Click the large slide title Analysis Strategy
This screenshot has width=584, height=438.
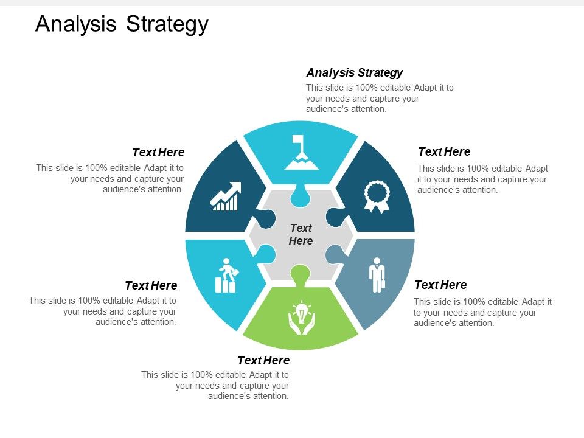pyautogui.click(x=122, y=24)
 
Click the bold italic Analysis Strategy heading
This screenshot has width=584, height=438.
pyautogui.click(x=354, y=73)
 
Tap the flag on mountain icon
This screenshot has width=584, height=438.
pyautogui.click(x=301, y=153)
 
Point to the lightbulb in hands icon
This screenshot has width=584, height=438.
pyautogui.click(x=302, y=318)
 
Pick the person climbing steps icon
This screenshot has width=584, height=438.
pyautogui.click(x=226, y=276)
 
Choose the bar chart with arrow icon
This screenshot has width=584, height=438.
pyautogui.click(x=225, y=196)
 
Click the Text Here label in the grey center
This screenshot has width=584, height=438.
pyautogui.click(x=301, y=234)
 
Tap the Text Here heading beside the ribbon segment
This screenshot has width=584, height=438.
pyautogui.click(x=444, y=151)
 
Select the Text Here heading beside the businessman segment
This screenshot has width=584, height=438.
pyautogui.click(x=440, y=285)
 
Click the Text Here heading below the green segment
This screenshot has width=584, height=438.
pyautogui.click(x=263, y=360)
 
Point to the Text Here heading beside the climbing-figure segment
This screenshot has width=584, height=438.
pyautogui.click(x=151, y=285)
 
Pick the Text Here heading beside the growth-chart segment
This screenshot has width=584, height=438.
pyautogui.click(x=158, y=152)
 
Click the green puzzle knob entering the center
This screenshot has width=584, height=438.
pyautogui.click(x=300, y=273)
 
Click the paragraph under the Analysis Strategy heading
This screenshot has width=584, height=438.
pyautogui.click(x=380, y=99)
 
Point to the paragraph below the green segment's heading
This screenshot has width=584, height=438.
pyautogui.click(x=215, y=386)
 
